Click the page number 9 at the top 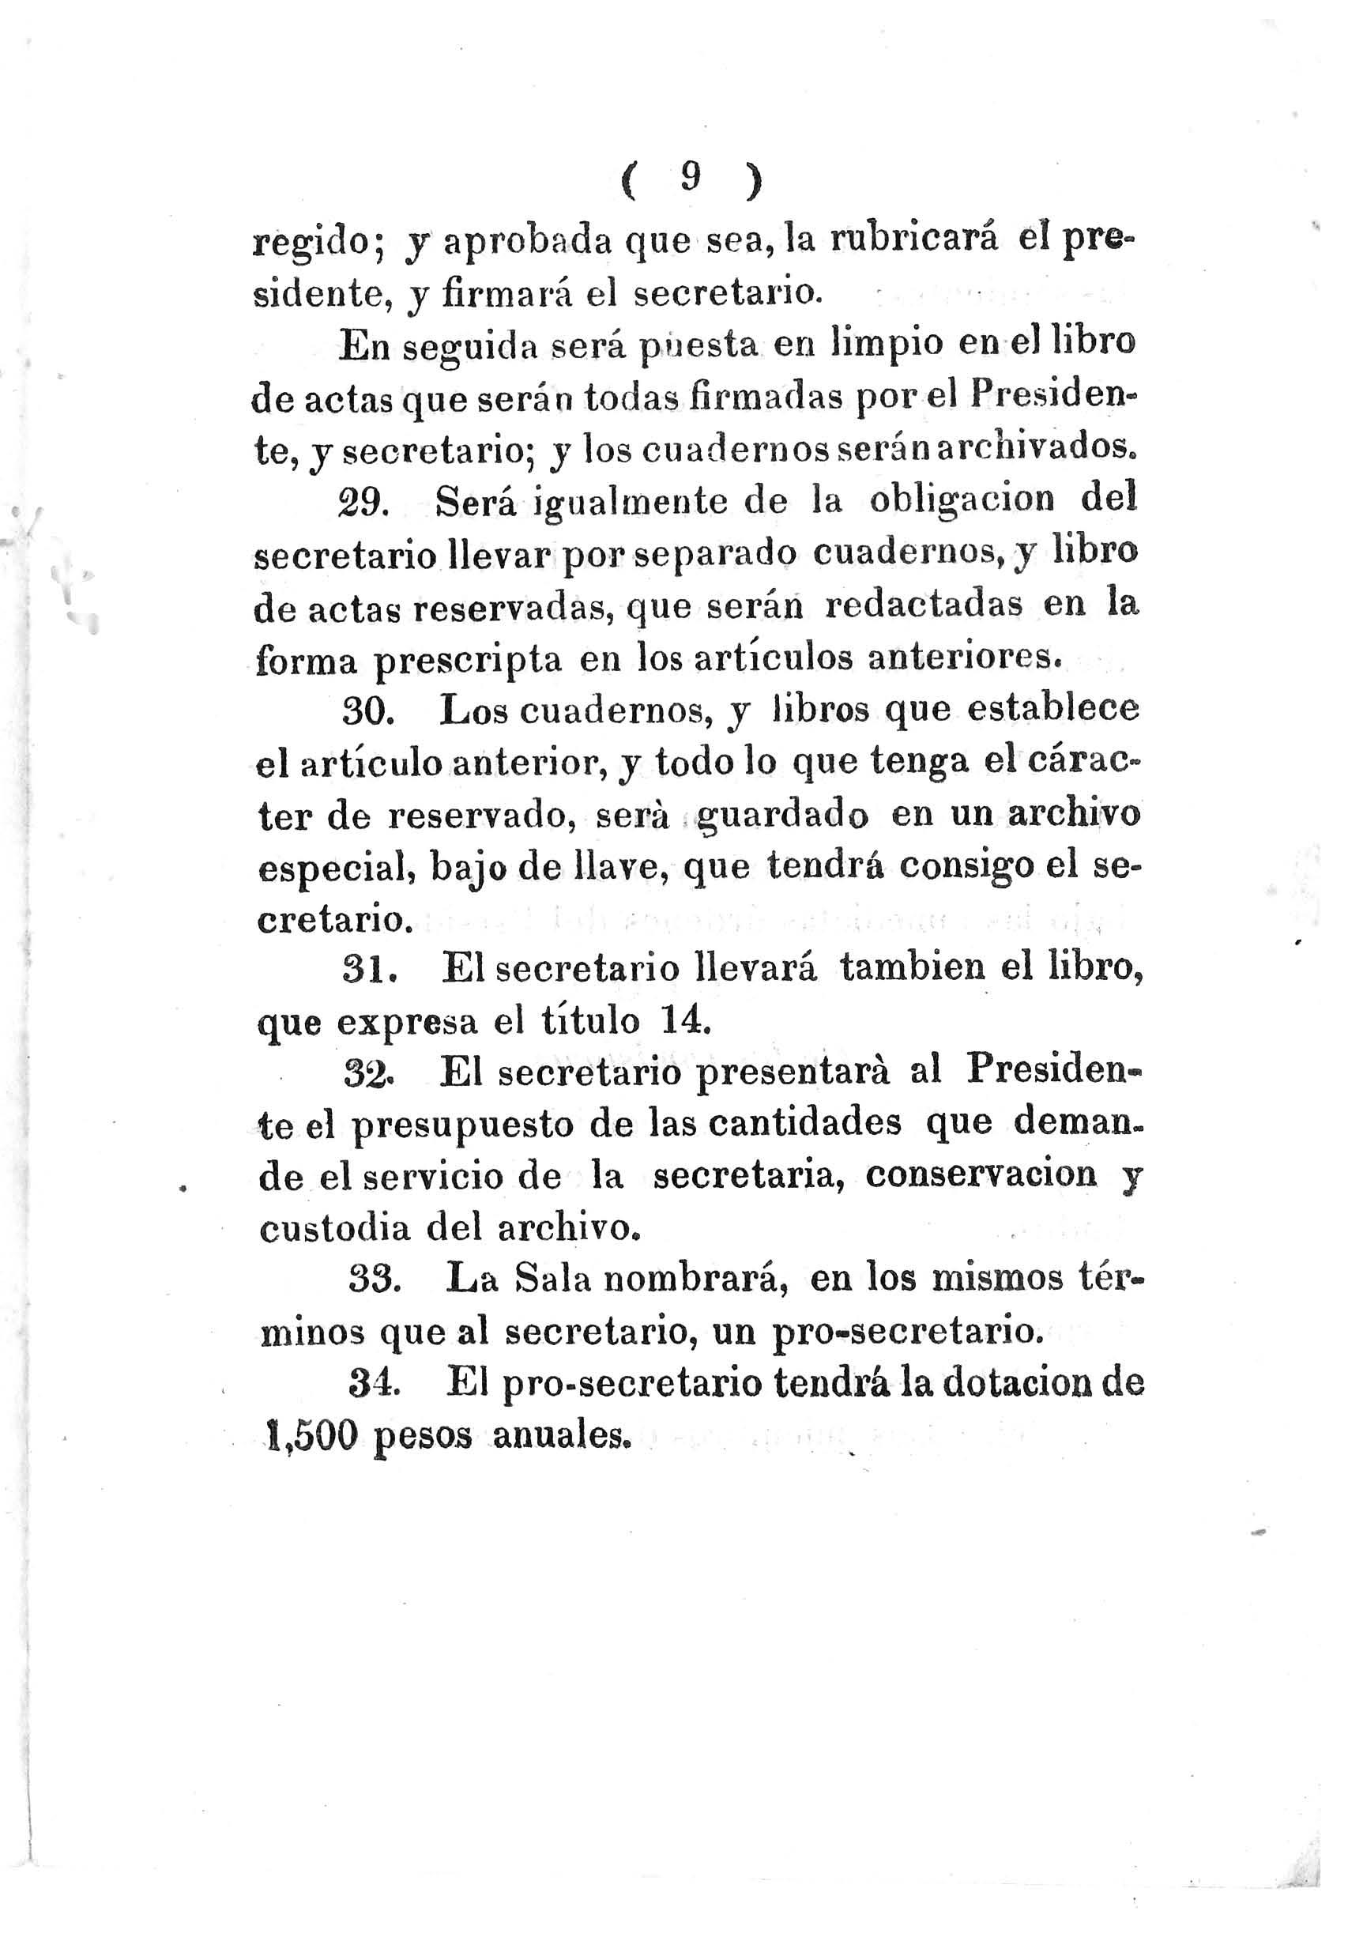click(x=691, y=179)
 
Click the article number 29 click(x=361, y=504)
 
